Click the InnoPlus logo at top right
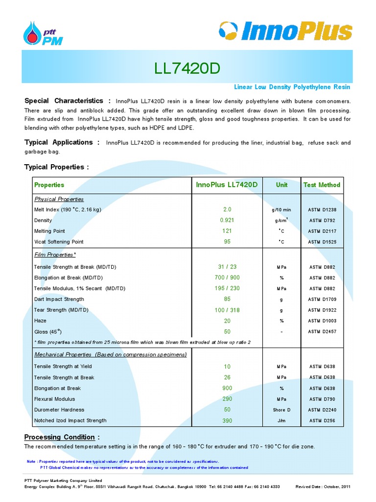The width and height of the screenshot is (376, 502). click(285, 31)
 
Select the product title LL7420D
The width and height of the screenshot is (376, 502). click(188, 69)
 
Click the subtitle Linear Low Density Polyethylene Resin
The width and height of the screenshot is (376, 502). click(292, 87)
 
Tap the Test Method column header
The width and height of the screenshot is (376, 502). click(322, 185)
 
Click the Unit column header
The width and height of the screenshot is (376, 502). click(282, 185)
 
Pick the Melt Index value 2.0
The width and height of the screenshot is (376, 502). click(227, 209)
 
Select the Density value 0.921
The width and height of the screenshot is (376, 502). click(227, 220)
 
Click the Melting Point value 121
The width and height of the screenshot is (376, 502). click(227, 231)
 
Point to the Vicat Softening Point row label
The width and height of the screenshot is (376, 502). click(59, 242)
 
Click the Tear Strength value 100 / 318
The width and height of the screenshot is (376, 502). click(227, 310)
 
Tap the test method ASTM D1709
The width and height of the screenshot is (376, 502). click(322, 299)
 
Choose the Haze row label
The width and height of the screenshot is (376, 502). click(40, 321)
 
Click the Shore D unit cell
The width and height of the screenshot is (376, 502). click(282, 410)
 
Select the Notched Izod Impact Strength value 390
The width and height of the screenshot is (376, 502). click(227, 421)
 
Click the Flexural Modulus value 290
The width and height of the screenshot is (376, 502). click(227, 399)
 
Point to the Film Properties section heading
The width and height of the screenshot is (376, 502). click(55, 255)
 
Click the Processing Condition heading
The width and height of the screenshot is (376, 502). click(59, 437)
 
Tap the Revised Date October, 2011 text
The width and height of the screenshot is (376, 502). click(323, 487)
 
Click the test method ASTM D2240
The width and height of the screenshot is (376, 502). click(322, 410)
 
